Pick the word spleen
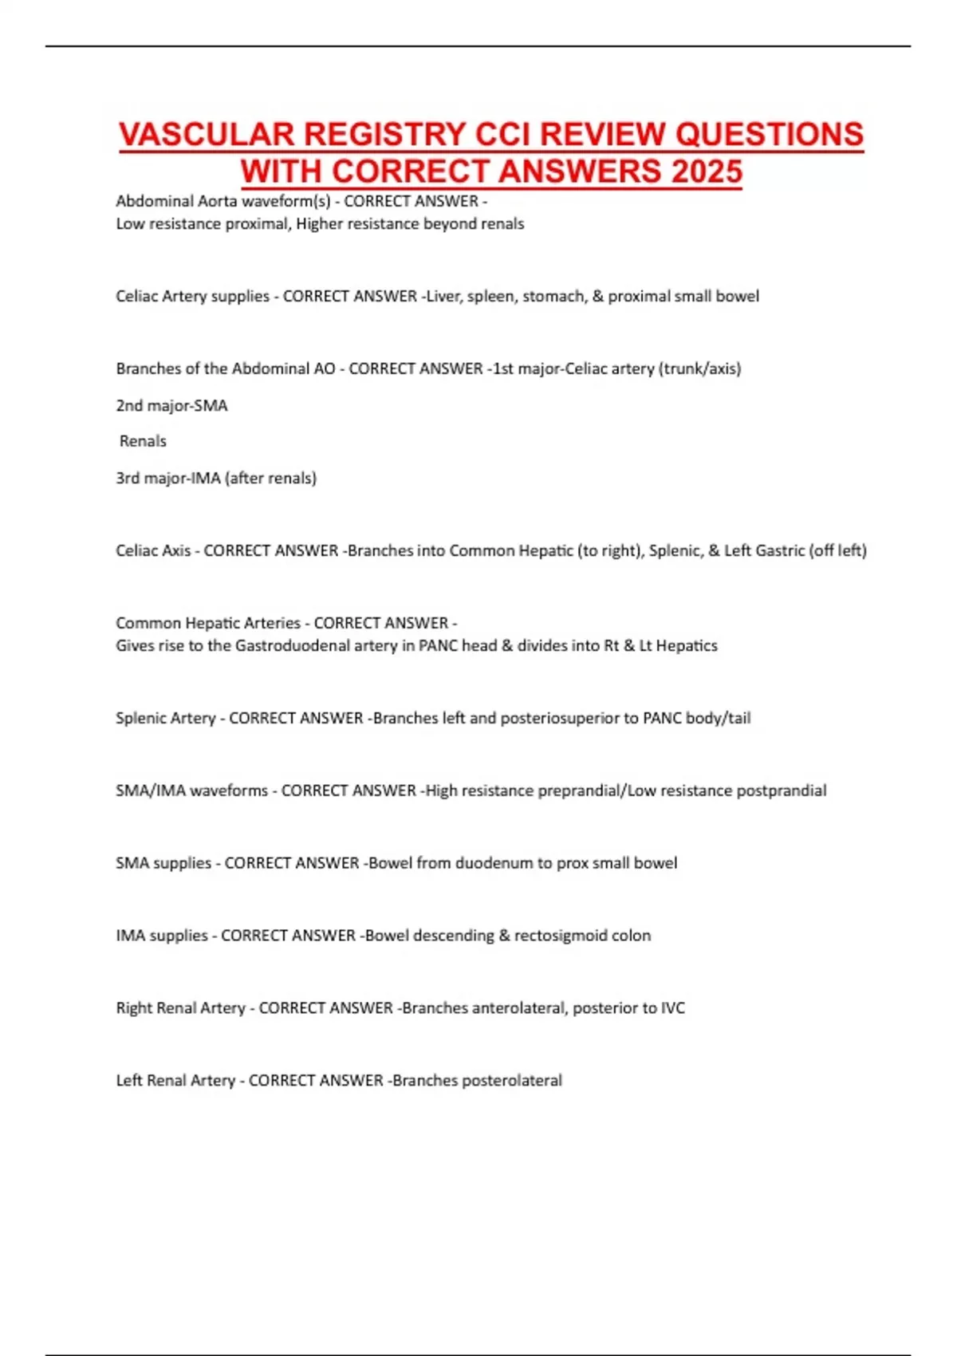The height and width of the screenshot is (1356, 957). tap(490, 297)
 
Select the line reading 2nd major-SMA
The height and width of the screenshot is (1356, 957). tap(171, 405)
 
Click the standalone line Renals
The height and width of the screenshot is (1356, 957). tap(143, 441)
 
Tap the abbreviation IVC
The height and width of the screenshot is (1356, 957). tap(672, 1008)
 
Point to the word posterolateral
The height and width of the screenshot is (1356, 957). tap(511, 1081)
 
